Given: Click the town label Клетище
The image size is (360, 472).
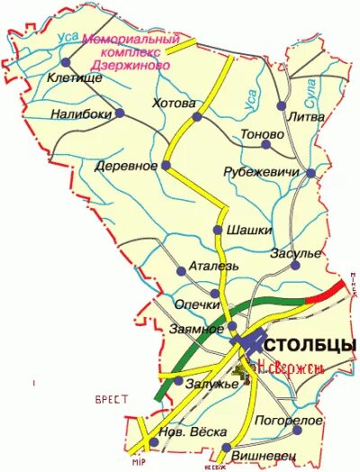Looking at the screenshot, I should point(73,78).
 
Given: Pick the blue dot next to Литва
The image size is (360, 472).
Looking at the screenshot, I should point(282,106).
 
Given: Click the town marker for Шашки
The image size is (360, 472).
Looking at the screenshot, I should point(217,230).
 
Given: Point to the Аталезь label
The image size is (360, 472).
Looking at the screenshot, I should point(214,268).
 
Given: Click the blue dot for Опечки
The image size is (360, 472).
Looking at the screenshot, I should point(214,294).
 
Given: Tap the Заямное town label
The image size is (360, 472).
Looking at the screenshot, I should point(195,329).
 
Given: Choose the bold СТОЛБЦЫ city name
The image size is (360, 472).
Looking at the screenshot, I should point(311,345).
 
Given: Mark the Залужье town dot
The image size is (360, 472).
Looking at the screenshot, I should point(178,382).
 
